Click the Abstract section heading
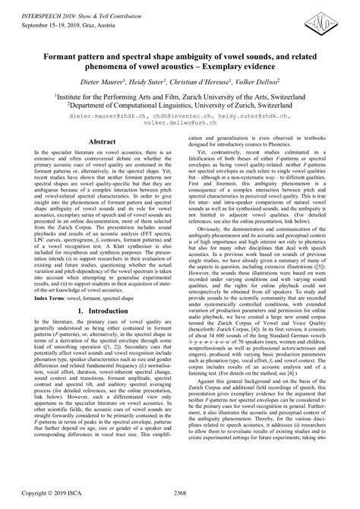click(x=102, y=141)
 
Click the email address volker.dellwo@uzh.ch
click(x=180, y=125)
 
